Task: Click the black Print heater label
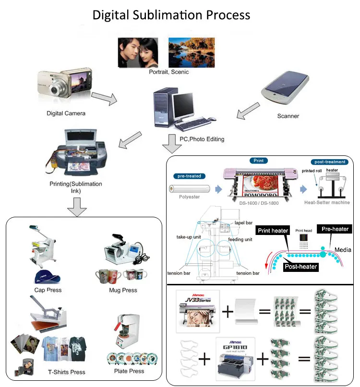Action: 273,231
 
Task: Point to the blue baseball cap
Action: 46,277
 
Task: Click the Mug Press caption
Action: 123,290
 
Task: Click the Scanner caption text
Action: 288,116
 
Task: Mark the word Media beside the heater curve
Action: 343,249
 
